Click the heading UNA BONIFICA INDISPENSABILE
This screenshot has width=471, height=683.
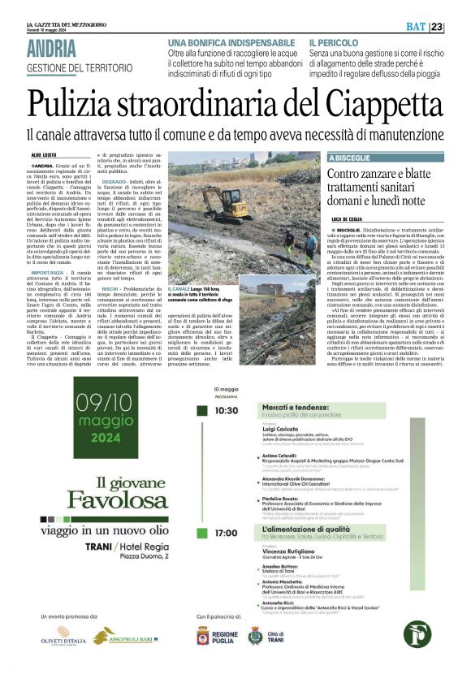[231, 41]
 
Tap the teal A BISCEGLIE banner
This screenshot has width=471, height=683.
[348, 158]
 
